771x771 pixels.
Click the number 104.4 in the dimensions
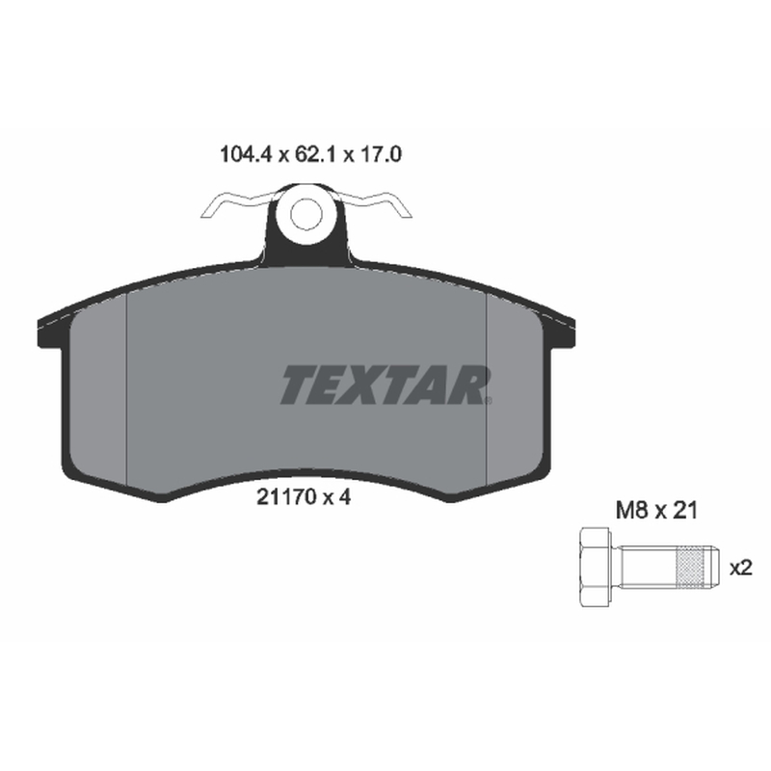(246, 154)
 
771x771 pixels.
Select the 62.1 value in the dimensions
(315, 154)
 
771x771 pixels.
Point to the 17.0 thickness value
(381, 154)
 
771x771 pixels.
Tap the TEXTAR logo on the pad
(384, 385)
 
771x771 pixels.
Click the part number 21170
(286, 497)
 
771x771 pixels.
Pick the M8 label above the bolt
(631, 511)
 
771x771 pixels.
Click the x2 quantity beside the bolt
(741, 568)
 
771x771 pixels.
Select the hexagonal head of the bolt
(595, 567)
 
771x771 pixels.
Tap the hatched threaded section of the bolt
(689, 567)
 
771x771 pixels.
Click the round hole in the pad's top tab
(306, 215)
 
